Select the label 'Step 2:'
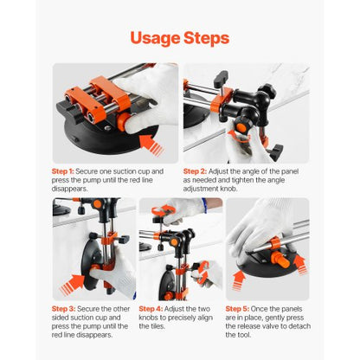pos(196,171)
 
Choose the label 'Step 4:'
pos(151,307)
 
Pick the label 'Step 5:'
pos(239,307)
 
